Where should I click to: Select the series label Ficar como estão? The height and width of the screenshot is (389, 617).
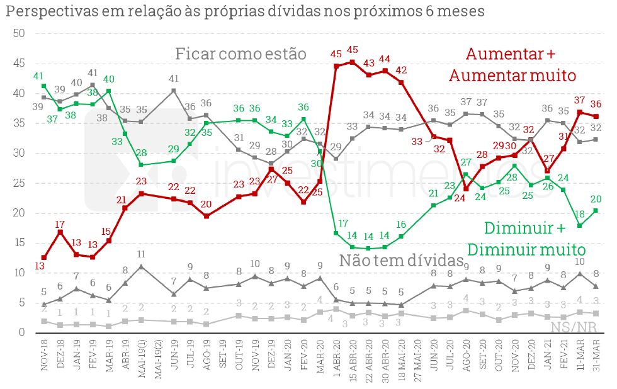point(241,54)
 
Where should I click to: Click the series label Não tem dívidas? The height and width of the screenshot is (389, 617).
point(402,260)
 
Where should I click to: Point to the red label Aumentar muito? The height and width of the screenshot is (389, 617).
point(512,76)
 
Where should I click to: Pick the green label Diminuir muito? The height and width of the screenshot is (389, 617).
point(535,249)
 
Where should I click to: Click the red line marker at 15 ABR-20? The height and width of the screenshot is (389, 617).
point(352,62)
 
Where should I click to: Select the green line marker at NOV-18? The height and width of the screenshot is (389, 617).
point(43,86)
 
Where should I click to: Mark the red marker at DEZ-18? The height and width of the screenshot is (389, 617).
point(60,232)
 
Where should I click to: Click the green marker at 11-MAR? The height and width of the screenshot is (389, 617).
point(580,225)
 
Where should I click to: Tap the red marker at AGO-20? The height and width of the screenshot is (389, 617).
point(467,189)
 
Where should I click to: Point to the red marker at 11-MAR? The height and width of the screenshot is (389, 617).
point(580,112)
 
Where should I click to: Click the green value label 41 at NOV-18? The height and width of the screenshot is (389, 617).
point(38,76)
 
